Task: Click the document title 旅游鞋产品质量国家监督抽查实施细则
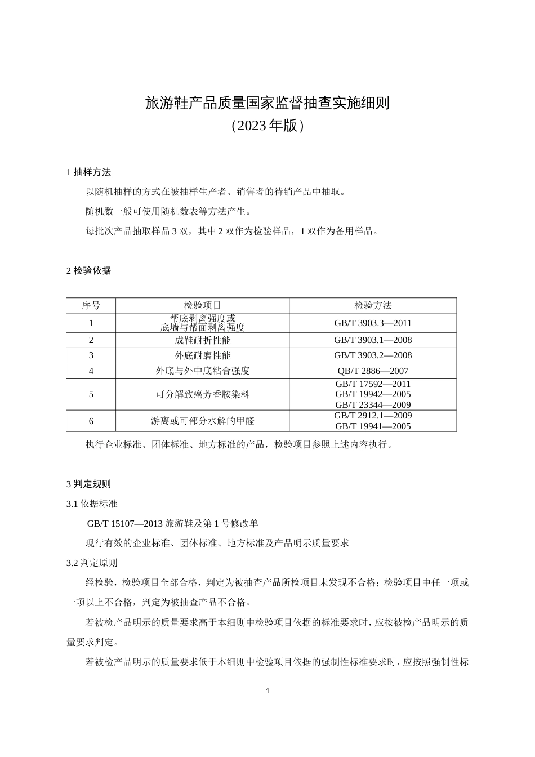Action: click(x=267, y=103)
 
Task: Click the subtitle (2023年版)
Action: click(x=267, y=126)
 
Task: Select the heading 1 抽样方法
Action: click(x=88, y=172)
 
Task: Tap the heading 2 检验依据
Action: click(x=88, y=270)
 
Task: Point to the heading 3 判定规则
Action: click(x=88, y=484)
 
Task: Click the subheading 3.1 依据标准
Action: click(x=92, y=504)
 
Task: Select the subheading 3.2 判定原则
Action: click(x=92, y=563)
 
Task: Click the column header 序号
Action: click(x=91, y=305)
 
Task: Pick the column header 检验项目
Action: click(x=202, y=305)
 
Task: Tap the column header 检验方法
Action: click(x=373, y=305)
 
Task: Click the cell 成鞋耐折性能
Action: click(x=202, y=340)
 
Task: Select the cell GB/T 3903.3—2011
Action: click(x=373, y=323)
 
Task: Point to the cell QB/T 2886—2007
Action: click(x=373, y=371)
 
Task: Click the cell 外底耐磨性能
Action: click(x=202, y=355)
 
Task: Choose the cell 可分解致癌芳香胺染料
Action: click(x=202, y=394)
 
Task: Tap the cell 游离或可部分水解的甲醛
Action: click(x=202, y=421)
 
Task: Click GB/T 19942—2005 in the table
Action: click(x=373, y=394)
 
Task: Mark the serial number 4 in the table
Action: click(x=91, y=371)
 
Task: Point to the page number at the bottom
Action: click(x=267, y=691)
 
